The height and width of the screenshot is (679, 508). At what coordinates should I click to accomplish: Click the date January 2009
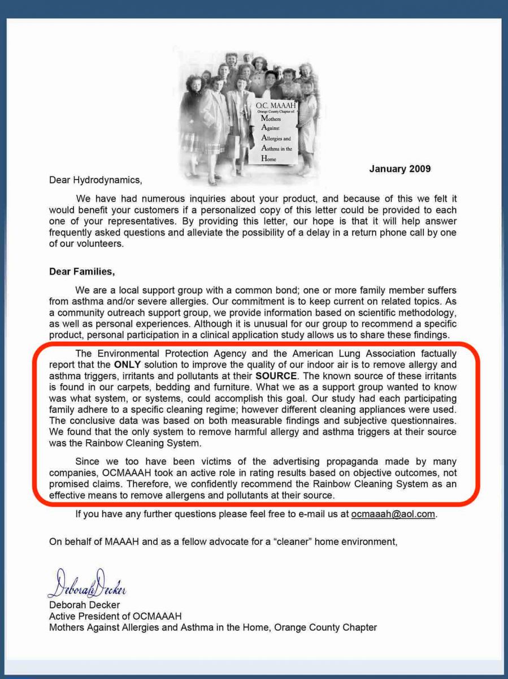pos(400,169)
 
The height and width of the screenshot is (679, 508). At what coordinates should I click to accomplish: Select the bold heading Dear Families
pos(82,272)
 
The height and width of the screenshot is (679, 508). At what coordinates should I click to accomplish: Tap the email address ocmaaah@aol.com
pos(393,514)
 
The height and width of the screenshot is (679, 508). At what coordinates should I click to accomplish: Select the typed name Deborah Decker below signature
pos(84,605)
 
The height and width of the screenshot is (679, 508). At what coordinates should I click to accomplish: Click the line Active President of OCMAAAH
pos(115,616)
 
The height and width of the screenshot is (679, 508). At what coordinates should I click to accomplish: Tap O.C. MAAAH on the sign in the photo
pos(275,106)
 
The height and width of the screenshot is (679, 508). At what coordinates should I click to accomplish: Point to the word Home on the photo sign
pos(269,160)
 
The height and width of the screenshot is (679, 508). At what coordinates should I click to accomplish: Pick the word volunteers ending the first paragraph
pos(92,244)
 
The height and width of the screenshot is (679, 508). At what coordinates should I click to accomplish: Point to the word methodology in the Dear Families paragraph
pos(426,313)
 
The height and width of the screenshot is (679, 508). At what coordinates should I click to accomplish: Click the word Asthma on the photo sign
pos(272,149)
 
